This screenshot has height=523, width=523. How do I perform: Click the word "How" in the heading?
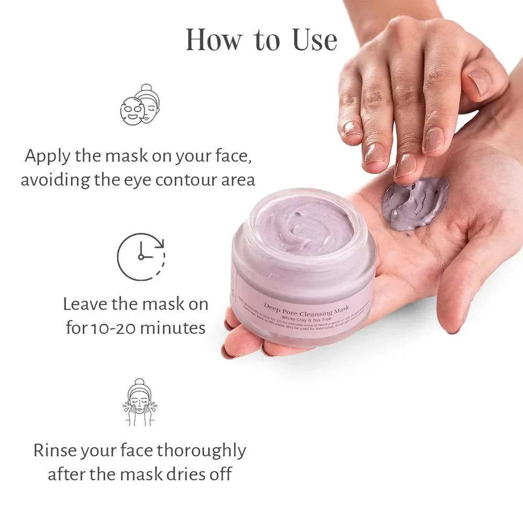click(211, 40)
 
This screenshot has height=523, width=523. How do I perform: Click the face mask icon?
click(140, 104)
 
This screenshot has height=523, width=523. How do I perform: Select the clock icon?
click(140, 257)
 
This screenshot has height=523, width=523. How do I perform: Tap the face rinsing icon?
click(140, 402)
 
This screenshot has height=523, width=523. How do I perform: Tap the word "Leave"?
click(86, 304)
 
